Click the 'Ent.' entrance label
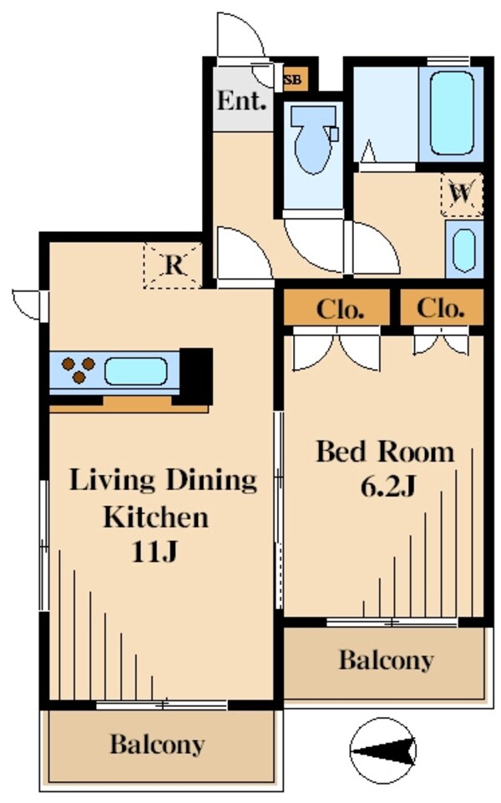click(242, 100)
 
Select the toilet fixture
click(313, 139)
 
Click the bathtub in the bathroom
click(451, 114)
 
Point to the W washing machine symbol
click(462, 194)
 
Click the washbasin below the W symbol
click(464, 250)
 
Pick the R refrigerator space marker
click(173, 265)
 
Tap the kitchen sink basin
click(136, 371)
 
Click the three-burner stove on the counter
click(78, 370)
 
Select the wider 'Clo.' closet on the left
click(337, 308)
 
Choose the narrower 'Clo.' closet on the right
click(442, 307)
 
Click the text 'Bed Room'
click(385, 452)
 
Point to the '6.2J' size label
click(387, 486)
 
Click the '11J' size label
click(154, 551)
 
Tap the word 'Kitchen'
click(156, 517)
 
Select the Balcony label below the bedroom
click(387, 659)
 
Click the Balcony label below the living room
click(157, 744)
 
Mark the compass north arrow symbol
click(382, 751)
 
